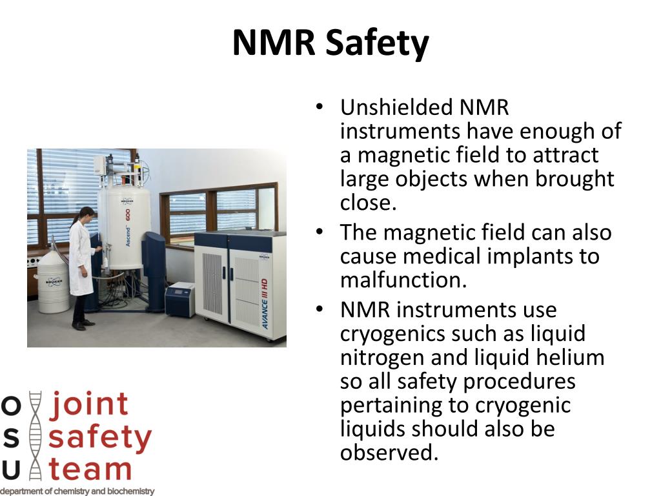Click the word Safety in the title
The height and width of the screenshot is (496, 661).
click(x=377, y=43)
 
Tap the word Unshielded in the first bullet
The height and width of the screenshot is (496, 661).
click(x=392, y=107)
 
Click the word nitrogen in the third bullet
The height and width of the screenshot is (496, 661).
click(x=380, y=357)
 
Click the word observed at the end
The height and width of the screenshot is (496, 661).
click(x=389, y=453)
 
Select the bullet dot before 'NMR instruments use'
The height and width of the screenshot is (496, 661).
click(x=319, y=310)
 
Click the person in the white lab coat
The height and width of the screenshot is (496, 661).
click(x=82, y=265)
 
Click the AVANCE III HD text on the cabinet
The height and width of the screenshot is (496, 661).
click(x=265, y=304)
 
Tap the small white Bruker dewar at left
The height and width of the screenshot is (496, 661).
click(x=53, y=283)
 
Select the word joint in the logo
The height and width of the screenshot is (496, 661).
click(x=90, y=404)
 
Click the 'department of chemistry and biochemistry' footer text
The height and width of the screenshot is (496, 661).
click(x=77, y=491)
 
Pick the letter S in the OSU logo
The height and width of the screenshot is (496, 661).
click(x=11, y=437)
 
